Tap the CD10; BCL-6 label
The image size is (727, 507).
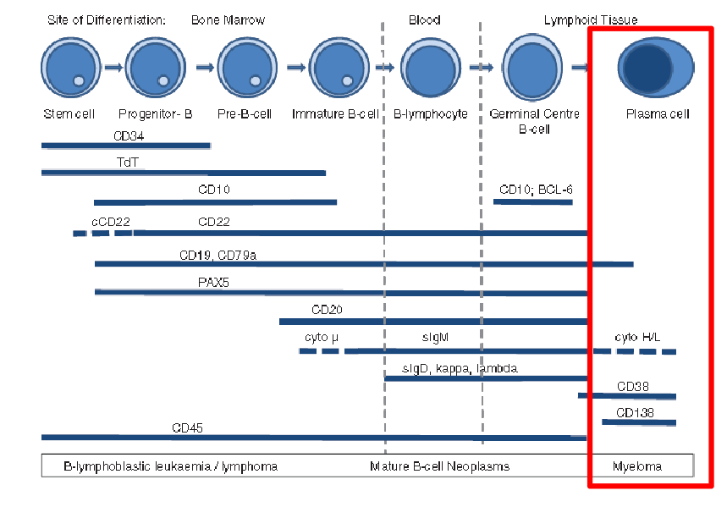[x=536, y=190]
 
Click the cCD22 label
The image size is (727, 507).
[x=111, y=222]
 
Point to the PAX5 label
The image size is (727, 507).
[x=213, y=282]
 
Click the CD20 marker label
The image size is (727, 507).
[x=327, y=311]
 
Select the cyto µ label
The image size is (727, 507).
[x=322, y=338]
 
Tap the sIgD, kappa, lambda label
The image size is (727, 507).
[x=460, y=368]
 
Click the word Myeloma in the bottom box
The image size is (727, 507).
[x=637, y=466]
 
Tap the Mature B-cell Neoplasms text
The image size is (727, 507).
[x=439, y=466]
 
